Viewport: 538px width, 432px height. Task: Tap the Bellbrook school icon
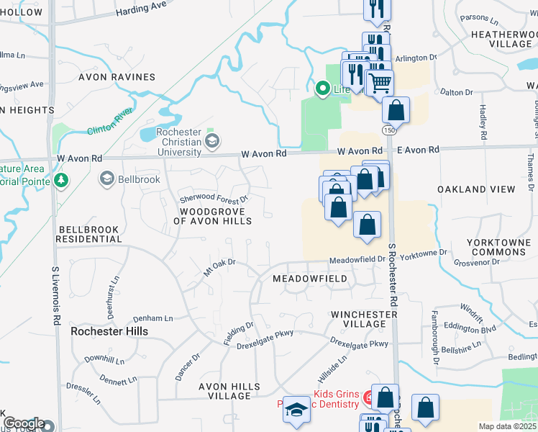(x=107, y=178)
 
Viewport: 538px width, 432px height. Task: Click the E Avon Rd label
(x=418, y=150)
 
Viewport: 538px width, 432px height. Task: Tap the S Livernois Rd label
(x=55, y=295)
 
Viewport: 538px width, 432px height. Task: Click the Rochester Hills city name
(x=109, y=331)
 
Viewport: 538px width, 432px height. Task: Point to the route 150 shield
(x=388, y=130)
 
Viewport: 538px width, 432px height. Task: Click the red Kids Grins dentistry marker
(x=368, y=397)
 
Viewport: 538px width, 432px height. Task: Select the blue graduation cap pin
(x=296, y=409)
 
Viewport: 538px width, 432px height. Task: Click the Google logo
(x=23, y=423)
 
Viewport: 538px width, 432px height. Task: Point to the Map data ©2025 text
(x=507, y=426)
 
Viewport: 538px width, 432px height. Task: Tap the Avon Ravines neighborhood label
(x=117, y=77)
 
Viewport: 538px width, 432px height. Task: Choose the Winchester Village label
(x=364, y=320)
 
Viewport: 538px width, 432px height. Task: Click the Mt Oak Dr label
(x=220, y=266)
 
